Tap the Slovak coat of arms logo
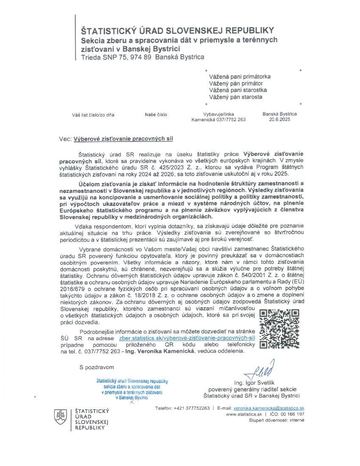(60, 417)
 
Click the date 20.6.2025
(280, 120)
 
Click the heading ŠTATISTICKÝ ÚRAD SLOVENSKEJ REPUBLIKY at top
(177, 31)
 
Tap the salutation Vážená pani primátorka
(240, 77)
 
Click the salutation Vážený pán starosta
(235, 97)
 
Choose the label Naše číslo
(156, 114)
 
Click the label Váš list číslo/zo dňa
(93, 114)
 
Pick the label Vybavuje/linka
(219, 114)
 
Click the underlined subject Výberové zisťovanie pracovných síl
(124, 139)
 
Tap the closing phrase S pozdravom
(96, 367)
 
